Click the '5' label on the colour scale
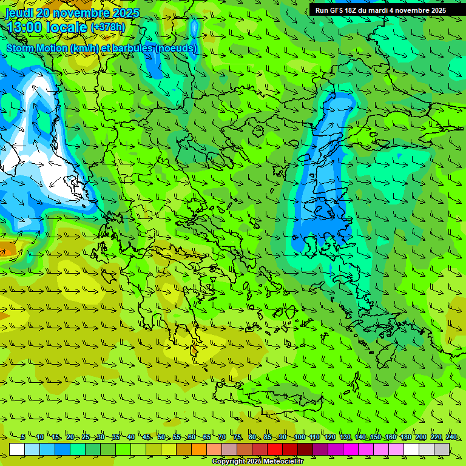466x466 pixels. pos(22,437)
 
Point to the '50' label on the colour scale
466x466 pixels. pos(161,437)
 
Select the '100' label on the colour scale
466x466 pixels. pos(299,437)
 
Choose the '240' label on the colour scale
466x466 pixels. pos(451,437)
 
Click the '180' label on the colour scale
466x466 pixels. pos(405,437)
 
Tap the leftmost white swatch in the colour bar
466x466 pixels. pos(17,449)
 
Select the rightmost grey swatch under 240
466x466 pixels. pos(442,449)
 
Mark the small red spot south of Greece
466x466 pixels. pos(194,350)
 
